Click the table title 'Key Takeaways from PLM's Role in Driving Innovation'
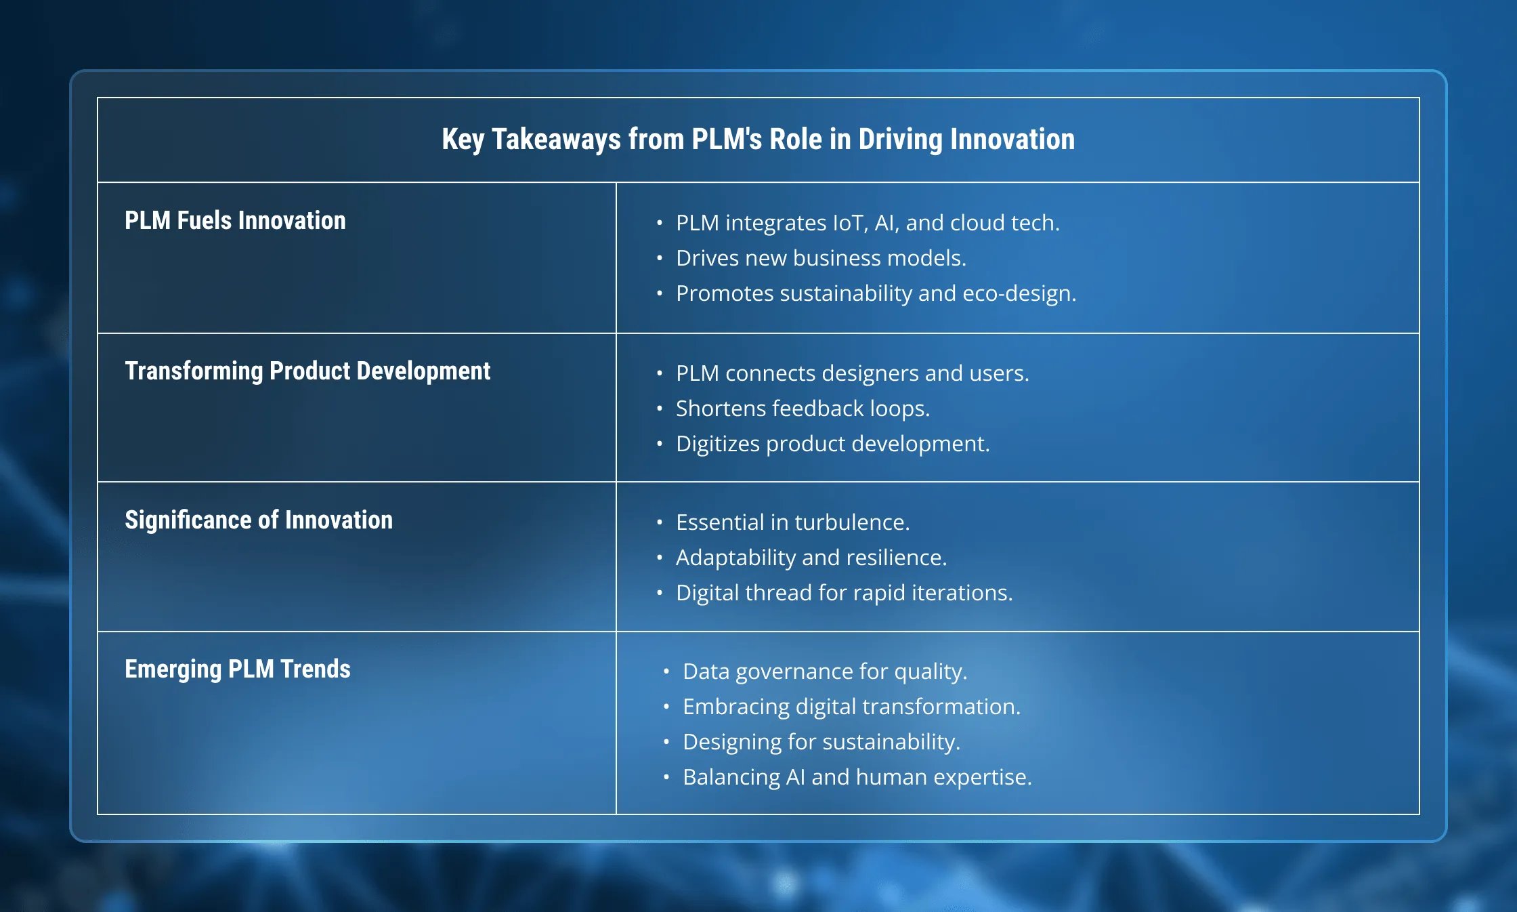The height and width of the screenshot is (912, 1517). tap(758, 140)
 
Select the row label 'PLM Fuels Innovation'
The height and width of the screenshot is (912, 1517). tap(235, 220)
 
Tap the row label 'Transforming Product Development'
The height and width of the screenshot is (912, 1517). tap(307, 371)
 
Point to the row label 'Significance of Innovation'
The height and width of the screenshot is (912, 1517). tap(259, 520)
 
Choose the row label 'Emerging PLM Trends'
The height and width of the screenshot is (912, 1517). tap(238, 669)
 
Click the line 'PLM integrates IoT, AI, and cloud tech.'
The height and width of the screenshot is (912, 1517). tap(868, 223)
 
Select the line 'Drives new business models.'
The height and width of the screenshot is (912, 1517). tap(821, 258)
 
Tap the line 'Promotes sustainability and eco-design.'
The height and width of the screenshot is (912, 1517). tap(876, 294)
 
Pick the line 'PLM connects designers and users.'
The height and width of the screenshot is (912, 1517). tap(852, 373)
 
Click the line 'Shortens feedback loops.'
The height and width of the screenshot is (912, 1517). tap(803, 409)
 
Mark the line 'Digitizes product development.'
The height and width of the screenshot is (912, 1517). tap(832, 444)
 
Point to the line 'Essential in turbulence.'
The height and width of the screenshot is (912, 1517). tap(792, 522)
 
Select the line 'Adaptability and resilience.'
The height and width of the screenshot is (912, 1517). tap(811, 558)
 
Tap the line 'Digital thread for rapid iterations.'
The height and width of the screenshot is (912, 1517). tap(844, 593)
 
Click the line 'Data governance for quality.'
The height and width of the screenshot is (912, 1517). tap(825, 671)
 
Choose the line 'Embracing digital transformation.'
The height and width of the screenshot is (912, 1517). tap(851, 707)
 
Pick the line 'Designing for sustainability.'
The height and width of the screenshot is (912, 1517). tap(821, 743)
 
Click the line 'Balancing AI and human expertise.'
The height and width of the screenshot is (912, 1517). tap(857, 778)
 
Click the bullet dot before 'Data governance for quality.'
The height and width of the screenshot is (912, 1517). tap(666, 671)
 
